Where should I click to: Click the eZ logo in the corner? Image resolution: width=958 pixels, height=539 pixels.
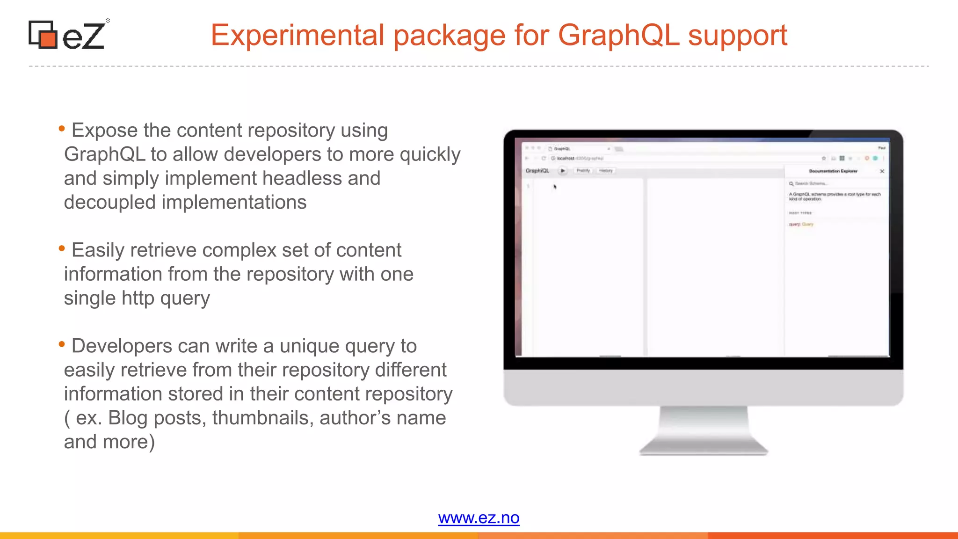(x=67, y=35)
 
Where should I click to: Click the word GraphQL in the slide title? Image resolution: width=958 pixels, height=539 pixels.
(x=618, y=36)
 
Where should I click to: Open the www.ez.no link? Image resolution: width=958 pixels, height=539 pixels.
(x=479, y=518)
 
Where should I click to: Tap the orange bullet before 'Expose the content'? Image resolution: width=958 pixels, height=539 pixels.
(x=62, y=128)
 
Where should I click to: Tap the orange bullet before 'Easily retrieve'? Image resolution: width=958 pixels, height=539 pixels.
(x=62, y=248)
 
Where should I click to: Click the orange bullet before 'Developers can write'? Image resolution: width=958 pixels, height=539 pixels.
(x=62, y=344)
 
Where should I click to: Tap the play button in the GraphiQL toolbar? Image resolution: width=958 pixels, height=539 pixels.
(x=563, y=171)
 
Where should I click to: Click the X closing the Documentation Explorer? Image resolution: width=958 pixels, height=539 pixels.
(x=882, y=171)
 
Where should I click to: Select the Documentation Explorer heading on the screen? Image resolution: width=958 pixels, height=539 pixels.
(x=833, y=171)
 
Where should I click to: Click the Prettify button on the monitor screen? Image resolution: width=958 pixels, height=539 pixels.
(x=583, y=171)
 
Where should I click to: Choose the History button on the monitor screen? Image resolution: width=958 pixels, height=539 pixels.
(x=606, y=171)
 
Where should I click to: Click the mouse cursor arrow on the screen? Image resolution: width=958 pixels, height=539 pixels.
(x=555, y=187)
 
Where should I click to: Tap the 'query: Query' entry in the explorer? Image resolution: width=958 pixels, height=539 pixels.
(x=801, y=225)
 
